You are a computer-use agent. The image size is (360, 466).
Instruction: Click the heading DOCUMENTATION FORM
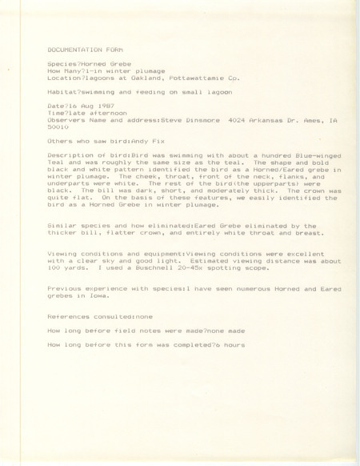click(80, 48)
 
